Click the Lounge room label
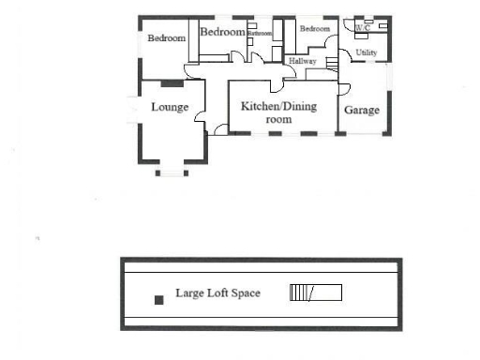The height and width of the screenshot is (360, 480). pos(170,107)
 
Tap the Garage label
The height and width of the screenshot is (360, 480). pos(362,110)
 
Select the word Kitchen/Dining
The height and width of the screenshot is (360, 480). pos(279,106)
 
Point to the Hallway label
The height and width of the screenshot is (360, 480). pos(302,61)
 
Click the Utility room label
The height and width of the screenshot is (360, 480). pos(366,52)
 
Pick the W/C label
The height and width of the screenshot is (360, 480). pos(363,28)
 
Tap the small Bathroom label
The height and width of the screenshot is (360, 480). pos(260,34)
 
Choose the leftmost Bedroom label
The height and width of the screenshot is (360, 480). pos(165,38)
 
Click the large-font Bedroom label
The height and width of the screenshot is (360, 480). pos(222,32)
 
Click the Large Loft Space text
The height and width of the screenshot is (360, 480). pos(217,293)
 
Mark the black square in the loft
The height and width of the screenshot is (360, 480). pos(158,299)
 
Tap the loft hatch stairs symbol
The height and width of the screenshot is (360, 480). pos(315,292)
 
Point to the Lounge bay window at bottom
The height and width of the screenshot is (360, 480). pos(172,170)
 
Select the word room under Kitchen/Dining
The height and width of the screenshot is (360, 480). pos(279,119)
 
